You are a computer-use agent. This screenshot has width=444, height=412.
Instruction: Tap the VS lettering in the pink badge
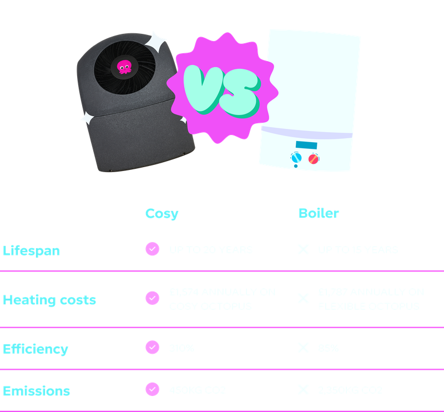[221, 87]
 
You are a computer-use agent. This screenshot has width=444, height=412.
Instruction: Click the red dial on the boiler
[314, 159]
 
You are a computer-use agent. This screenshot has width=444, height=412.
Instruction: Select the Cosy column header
[162, 214]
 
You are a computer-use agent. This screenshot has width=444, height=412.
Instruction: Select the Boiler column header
[319, 214]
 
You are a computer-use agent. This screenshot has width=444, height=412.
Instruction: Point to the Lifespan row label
[31, 250]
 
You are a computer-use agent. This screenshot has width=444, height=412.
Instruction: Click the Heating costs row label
[49, 300]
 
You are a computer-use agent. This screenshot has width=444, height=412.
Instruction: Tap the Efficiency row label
[36, 349]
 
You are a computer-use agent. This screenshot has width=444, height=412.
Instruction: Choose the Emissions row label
[37, 391]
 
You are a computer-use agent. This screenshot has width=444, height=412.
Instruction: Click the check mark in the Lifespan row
[152, 249]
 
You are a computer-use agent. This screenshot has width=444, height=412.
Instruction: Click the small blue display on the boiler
[304, 145]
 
